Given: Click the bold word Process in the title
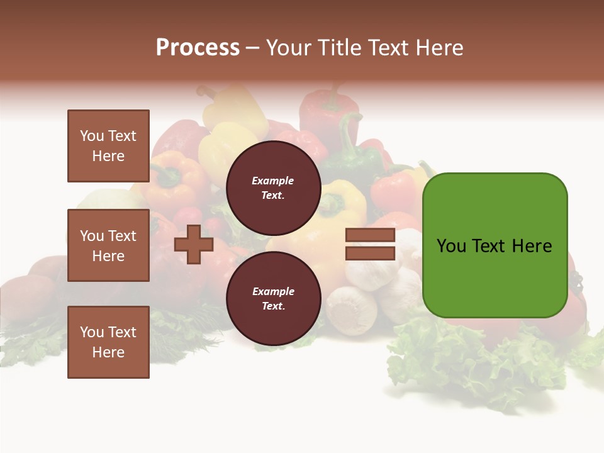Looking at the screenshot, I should click(198, 48).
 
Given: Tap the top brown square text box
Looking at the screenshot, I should click(108, 146).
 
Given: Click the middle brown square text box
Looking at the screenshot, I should click(108, 245).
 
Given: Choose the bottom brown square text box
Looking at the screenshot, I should click(108, 342).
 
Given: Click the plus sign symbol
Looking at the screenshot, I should click(194, 244).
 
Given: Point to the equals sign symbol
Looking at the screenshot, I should click(370, 244).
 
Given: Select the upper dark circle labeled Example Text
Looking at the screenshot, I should click(274, 187).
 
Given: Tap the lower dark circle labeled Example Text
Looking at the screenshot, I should click(274, 298).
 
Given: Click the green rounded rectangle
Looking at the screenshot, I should click(495, 245).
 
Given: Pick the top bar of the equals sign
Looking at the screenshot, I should click(370, 235).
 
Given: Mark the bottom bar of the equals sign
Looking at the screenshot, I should click(370, 254).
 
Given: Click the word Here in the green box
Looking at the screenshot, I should click(532, 246).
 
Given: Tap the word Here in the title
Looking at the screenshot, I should click(440, 48).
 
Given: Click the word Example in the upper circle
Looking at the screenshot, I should click(273, 181).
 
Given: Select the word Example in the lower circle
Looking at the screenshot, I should click(273, 291).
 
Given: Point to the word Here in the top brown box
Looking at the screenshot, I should click(108, 156).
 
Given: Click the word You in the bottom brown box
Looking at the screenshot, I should click(92, 332).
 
